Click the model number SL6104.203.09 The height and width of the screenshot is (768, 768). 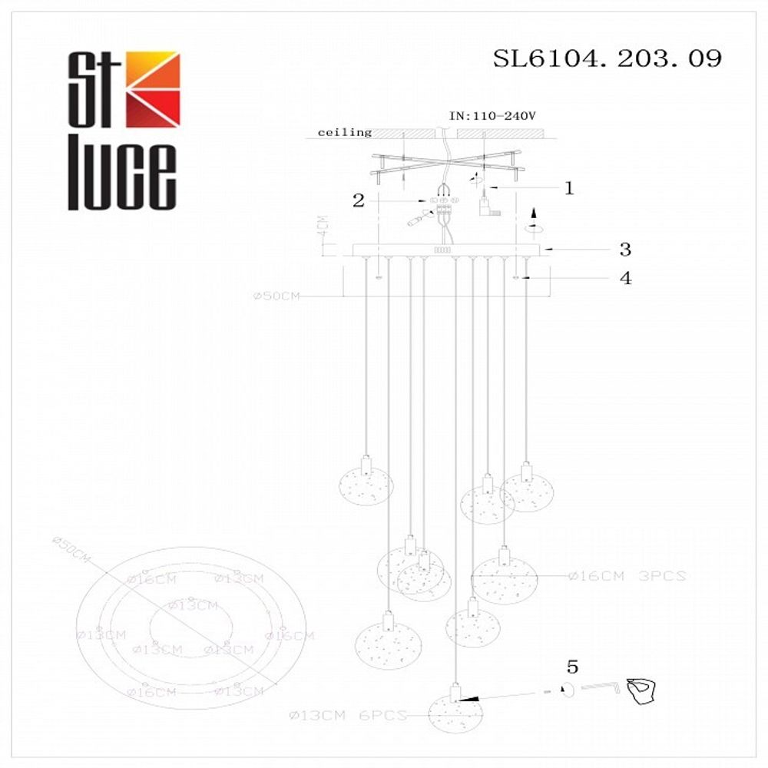(x=607, y=58)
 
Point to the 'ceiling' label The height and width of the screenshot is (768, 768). (x=345, y=132)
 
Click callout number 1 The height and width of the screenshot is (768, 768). (x=569, y=188)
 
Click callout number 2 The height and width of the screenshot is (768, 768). (x=358, y=200)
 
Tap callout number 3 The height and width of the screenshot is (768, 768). (x=625, y=249)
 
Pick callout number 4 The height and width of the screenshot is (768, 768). (x=625, y=278)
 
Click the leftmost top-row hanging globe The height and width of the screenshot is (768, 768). (x=366, y=485)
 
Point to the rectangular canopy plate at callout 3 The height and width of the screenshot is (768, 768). (x=445, y=250)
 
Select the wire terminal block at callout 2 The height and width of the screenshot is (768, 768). (x=443, y=201)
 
